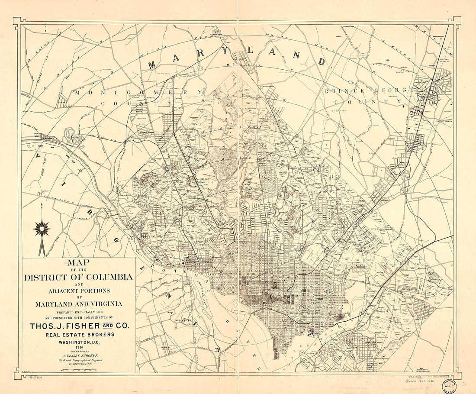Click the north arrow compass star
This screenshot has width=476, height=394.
(42, 228)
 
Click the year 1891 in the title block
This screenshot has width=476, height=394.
(79, 347)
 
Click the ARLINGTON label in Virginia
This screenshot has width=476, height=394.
(183, 321)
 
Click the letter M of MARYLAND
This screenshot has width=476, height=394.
(152, 65)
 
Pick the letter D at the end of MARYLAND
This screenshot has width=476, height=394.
(322, 61)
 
